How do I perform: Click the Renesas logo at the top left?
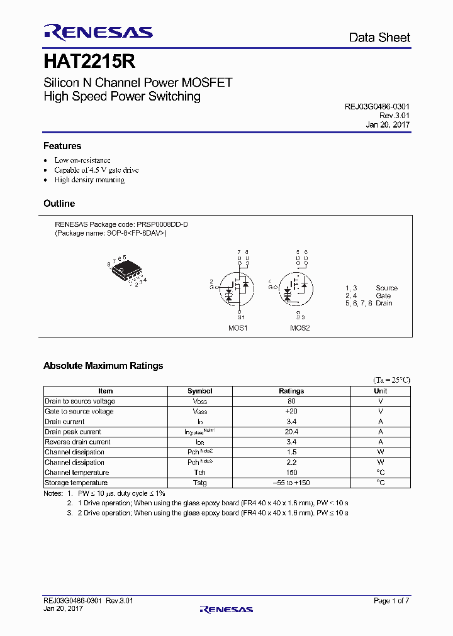[98, 32]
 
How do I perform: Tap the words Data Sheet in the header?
[379, 38]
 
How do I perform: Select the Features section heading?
[62, 146]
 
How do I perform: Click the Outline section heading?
[59, 204]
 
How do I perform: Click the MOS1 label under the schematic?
[238, 328]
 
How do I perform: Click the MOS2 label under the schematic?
[299, 328]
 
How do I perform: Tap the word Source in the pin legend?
[386, 288]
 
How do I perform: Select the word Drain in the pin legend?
[384, 303]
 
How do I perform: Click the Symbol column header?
[200, 391]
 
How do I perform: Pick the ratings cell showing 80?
[291, 401]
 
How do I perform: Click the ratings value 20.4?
[291, 432]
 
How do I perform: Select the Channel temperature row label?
[77, 473]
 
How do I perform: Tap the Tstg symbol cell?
[200, 483]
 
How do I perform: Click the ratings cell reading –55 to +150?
[291, 483]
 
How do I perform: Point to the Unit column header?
[381, 391]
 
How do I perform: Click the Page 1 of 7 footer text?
[391, 601]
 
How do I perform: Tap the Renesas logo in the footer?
[226, 609]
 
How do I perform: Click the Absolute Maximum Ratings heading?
[103, 366]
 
